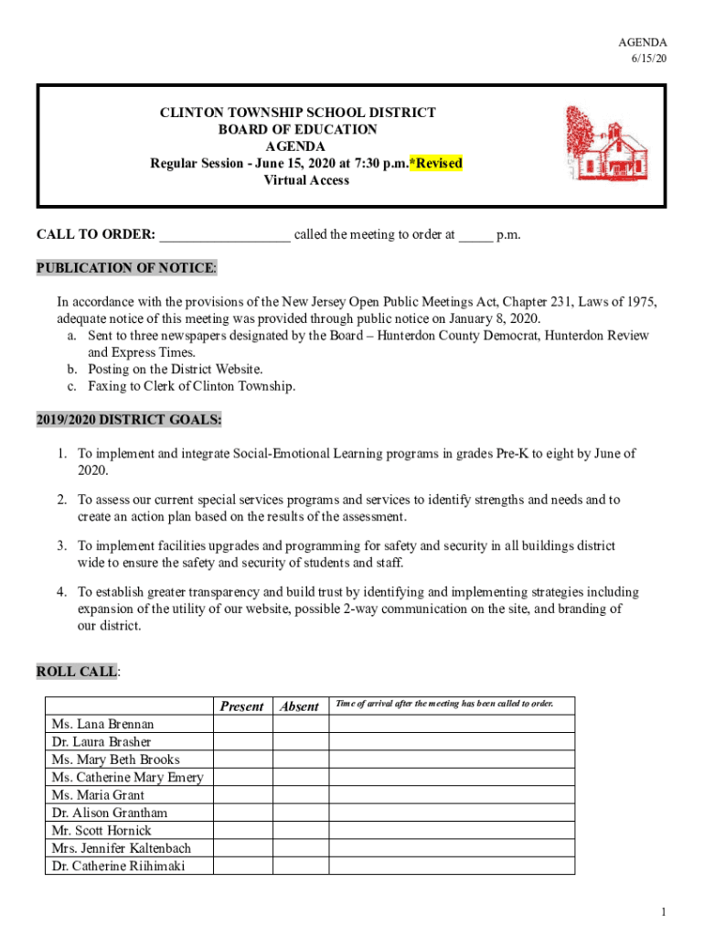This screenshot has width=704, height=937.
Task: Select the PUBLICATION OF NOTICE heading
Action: [x=126, y=268]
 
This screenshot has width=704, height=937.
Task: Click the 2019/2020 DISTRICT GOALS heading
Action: [x=128, y=420]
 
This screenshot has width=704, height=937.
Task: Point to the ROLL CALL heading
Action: [x=77, y=672]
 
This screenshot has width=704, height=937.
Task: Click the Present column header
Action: [x=242, y=706]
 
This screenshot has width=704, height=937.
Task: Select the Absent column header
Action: [x=300, y=706]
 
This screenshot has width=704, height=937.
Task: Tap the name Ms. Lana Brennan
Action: [x=103, y=725]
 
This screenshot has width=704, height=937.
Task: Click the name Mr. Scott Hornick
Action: [x=102, y=831]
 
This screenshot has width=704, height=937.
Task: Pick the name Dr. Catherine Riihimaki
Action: [x=118, y=866]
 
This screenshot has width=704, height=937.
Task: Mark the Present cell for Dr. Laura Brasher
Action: [x=242, y=742]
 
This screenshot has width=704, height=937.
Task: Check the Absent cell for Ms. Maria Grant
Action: [x=300, y=795]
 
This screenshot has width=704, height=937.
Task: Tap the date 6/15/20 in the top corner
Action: [x=648, y=59]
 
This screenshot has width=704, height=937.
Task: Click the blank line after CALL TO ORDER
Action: [x=225, y=235]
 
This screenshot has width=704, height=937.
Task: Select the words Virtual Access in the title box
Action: [x=306, y=180]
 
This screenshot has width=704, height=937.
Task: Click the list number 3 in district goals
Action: [x=60, y=546]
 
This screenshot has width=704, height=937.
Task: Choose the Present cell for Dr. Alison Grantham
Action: [x=242, y=813]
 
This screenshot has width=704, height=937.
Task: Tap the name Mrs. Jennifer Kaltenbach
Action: [x=122, y=848]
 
